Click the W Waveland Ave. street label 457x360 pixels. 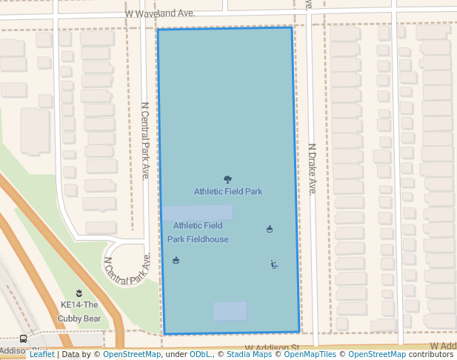click(160, 13)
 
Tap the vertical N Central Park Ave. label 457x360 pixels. click(145, 140)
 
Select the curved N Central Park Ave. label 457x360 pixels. click(127, 271)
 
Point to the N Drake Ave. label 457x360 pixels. click(312, 168)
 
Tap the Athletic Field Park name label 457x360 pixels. click(228, 191)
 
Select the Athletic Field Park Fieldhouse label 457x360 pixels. click(198, 232)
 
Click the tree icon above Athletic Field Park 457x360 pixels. click(227, 179)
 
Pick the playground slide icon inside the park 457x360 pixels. click(274, 264)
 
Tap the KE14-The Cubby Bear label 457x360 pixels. click(79, 311)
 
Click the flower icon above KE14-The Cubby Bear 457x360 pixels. click(79, 293)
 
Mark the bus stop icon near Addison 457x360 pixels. click(24, 339)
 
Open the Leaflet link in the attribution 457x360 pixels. click(41, 354)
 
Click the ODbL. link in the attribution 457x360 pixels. click(201, 354)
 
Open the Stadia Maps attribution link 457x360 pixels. click(249, 354)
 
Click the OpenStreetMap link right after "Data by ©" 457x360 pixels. click(132, 354)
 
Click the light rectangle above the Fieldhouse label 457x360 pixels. click(198, 213)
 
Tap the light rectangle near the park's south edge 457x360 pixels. click(230, 311)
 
